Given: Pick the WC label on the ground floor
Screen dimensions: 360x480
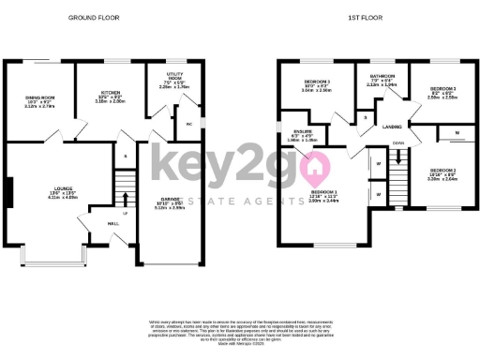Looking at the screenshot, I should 188,123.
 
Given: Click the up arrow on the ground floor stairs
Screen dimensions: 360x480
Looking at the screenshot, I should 125,198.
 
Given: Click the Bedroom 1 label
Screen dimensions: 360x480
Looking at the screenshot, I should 324,195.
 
